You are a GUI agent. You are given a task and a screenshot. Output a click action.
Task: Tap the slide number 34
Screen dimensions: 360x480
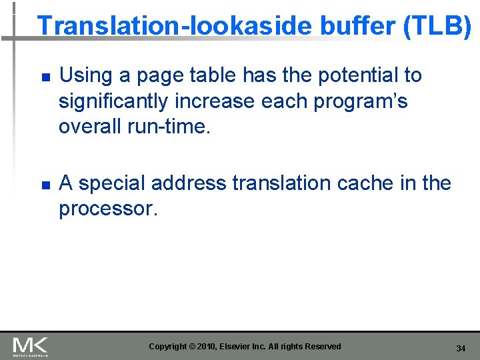click(461, 349)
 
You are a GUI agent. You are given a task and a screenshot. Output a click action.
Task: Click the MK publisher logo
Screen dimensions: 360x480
click(30, 346)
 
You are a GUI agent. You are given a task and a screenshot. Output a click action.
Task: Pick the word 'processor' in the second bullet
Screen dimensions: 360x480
click(107, 209)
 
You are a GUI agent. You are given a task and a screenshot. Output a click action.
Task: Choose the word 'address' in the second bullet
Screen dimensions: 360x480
click(196, 183)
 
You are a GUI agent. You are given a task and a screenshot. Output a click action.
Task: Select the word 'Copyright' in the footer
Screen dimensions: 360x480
click(167, 346)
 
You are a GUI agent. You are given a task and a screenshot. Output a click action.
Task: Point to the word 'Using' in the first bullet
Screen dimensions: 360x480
click(86, 76)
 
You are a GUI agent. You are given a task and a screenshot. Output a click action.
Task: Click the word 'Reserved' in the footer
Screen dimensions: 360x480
click(323, 346)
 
